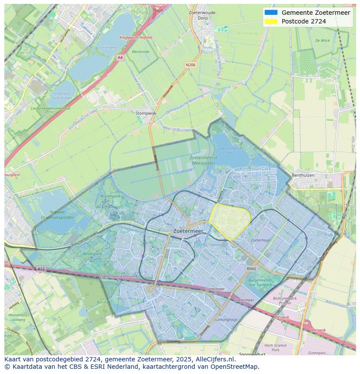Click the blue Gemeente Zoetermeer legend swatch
coord(270,13)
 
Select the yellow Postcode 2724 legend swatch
coord(270,21)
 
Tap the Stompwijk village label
coord(146,113)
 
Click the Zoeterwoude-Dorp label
coord(203,16)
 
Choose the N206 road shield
coord(190,65)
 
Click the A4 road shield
coord(120,57)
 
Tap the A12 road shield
coord(41,269)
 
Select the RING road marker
coord(251,269)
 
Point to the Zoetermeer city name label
coord(188,232)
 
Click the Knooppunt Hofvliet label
coord(136,37)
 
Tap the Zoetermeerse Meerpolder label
coord(197,160)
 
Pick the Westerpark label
coord(92,253)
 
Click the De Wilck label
coord(322,40)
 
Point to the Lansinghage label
coord(227,320)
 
